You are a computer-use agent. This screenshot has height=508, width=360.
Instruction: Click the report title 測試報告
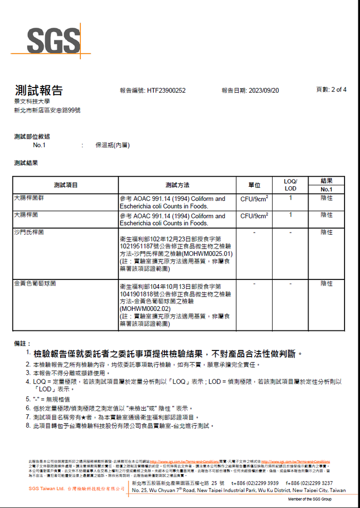point(39,91)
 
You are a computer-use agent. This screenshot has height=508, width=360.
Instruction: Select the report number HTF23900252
point(166,90)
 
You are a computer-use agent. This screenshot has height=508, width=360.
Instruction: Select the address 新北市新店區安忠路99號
point(47,111)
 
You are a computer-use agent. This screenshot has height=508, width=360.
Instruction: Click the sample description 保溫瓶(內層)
point(113,146)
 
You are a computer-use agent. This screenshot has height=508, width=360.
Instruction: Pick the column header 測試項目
point(66,185)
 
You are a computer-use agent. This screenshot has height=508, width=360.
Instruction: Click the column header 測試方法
point(177,185)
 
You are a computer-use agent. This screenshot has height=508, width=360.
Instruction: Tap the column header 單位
point(255,185)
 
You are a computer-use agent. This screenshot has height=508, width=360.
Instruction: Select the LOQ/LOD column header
point(291,185)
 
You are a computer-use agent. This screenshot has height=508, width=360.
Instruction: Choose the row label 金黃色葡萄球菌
point(35,284)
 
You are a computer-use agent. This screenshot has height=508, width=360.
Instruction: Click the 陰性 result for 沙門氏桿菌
point(327,233)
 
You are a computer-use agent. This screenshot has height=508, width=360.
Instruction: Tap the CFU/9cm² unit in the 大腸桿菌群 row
point(255,199)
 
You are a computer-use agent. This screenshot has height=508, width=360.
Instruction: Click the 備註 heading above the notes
point(22,343)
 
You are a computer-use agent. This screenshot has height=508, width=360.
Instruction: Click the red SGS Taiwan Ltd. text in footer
point(46,488)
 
